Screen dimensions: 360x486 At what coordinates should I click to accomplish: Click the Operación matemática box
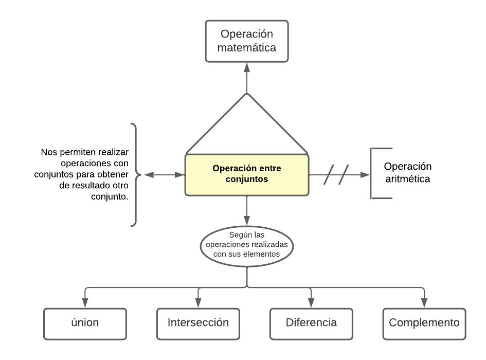click(x=247, y=41)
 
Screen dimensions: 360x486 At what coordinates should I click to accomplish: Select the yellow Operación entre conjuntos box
click(x=247, y=175)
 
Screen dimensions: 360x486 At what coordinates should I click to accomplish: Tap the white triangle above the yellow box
click(x=247, y=129)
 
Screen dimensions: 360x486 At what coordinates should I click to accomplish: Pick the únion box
click(x=85, y=323)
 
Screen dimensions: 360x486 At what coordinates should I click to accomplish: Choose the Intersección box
click(x=198, y=323)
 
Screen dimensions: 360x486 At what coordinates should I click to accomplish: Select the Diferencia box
click(x=311, y=323)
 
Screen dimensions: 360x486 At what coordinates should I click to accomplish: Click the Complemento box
click(x=424, y=323)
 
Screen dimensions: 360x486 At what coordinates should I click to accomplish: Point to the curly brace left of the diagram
click(x=135, y=175)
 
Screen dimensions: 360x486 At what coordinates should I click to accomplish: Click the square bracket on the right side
click(x=373, y=173)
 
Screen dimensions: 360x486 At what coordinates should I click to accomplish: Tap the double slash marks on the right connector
click(x=337, y=175)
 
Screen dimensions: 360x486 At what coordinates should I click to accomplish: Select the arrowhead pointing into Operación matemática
click(x=247, y=67)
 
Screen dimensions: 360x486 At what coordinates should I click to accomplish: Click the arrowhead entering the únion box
click(x=85, y=304)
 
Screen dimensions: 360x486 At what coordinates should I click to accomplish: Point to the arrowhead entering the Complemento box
click(x=424, y=304)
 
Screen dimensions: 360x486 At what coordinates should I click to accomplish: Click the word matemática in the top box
click(x=247, y=48)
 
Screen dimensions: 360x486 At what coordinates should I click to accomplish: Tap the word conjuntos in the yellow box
click(x=247, y=180)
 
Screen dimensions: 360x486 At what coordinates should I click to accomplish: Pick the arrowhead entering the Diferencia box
click(x=311, y=304)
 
